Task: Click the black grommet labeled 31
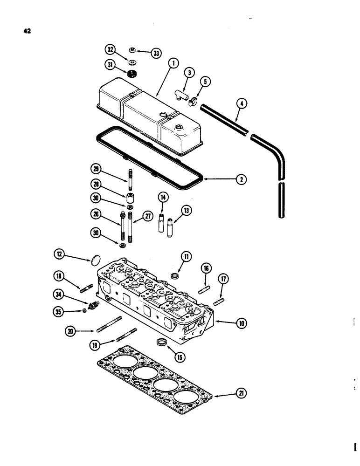pyautogui.click(x=134, y=73)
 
